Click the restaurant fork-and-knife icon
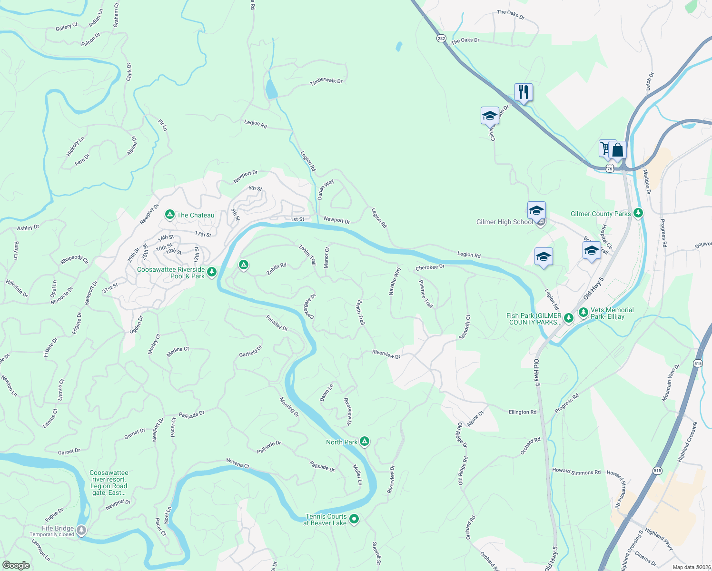coord(523,92)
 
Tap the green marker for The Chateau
coord(169,215)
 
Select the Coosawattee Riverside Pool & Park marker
coord(212,272)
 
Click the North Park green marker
coord(364,442)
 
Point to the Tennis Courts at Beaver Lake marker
coord(354,519)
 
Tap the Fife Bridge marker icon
coord(81,530)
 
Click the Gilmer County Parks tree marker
coord(638,213)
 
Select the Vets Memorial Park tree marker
coord(583,313)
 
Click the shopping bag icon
coord(618,150)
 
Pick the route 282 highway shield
coord(441,39)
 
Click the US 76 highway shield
coord(610,168)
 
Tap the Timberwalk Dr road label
coord(326,81)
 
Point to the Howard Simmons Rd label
coord(576,471)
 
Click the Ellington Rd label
coord(522,412)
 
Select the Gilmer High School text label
coord(504,222)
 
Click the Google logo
coord(16,565)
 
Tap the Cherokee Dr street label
coord(430,267)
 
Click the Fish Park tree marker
coord(568,317)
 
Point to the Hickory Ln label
coord(75,147)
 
